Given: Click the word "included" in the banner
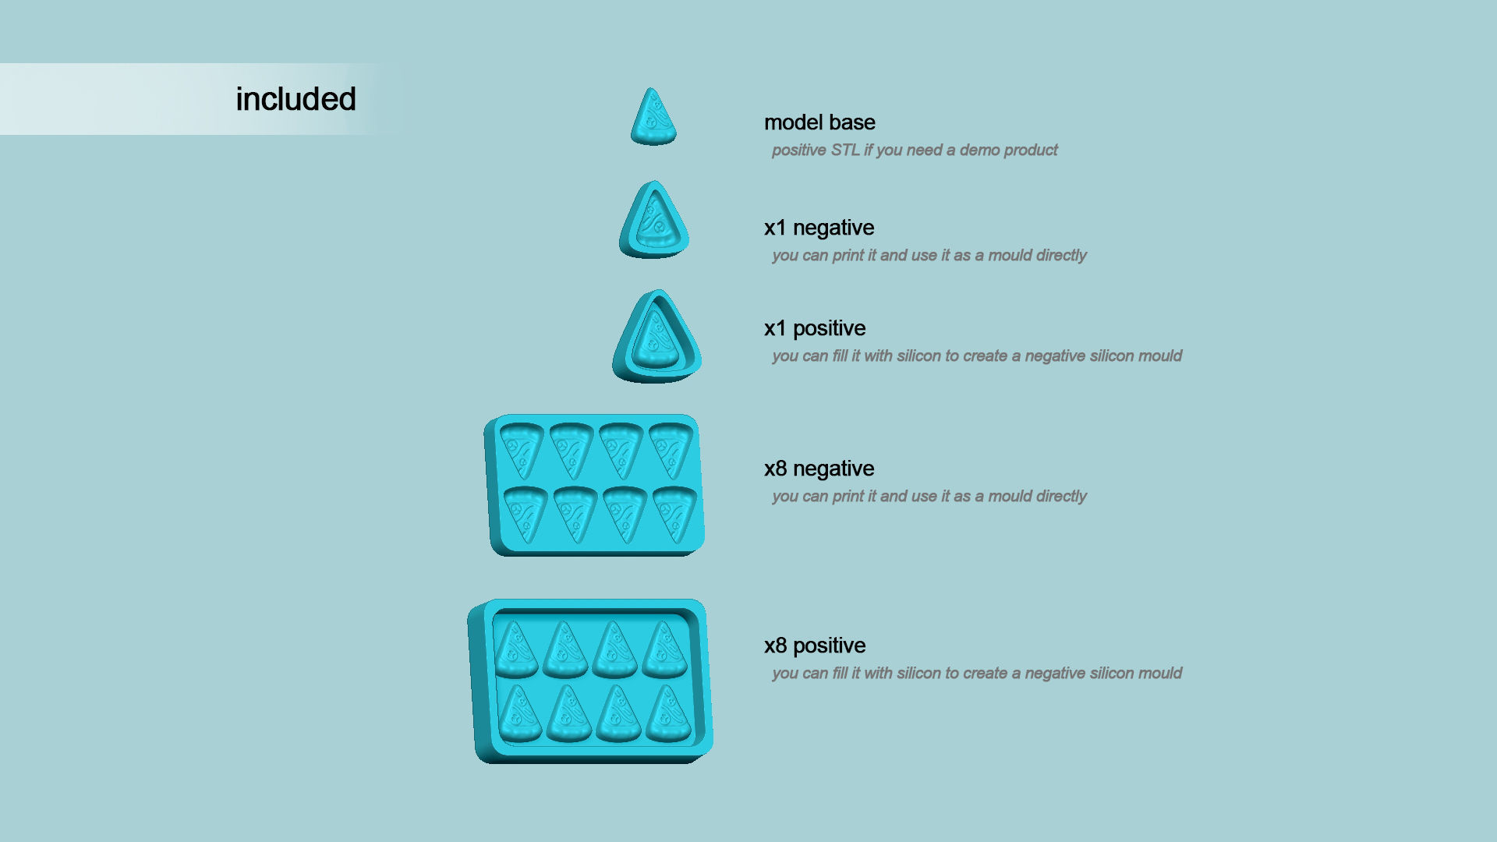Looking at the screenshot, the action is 296,99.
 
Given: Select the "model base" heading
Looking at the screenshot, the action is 819,122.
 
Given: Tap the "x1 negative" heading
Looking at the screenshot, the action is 819,228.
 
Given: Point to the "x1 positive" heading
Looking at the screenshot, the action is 815,328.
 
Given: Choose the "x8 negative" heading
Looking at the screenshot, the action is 819,469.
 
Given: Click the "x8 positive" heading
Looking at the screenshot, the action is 815,646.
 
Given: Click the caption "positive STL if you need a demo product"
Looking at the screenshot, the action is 915,150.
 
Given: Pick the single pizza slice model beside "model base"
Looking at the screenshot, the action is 653,117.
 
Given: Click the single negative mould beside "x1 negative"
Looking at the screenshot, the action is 654,220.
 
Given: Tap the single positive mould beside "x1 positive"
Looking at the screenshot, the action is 656,337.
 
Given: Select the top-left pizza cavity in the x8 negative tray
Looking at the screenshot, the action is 521,451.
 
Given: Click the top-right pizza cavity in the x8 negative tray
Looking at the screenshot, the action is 671,450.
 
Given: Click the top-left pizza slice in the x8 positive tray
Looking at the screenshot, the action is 516,649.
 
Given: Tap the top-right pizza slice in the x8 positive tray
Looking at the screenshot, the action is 664,649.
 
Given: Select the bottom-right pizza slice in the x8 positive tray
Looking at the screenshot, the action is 668,713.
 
